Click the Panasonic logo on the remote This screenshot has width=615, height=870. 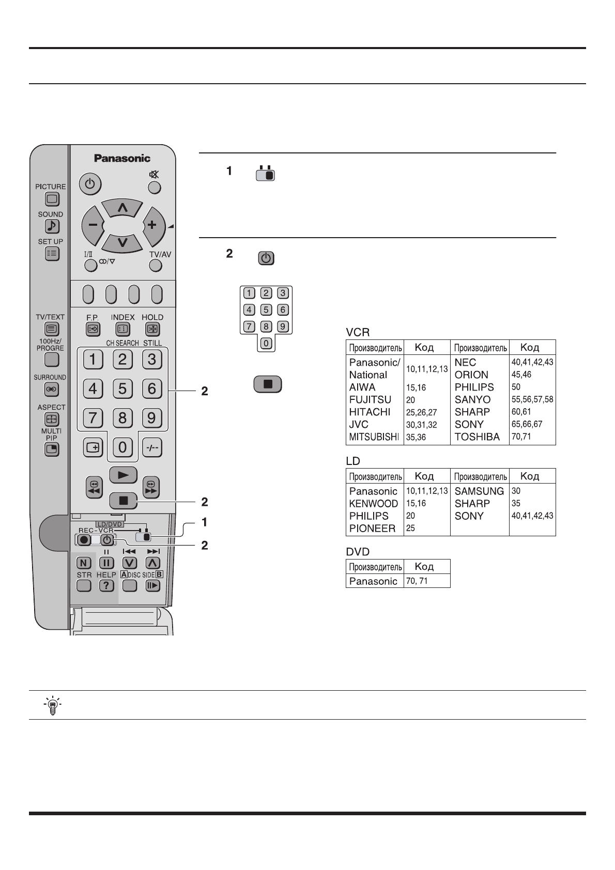point(122,159)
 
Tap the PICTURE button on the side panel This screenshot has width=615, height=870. point(52,199)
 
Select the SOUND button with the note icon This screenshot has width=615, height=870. point(52,226)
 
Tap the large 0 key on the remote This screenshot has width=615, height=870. point(122,447)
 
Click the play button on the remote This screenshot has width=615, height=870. point(123,474)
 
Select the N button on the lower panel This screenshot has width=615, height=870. point(83,563)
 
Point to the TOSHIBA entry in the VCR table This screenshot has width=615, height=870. point(477,437)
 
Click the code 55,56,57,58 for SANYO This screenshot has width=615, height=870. point(532,399)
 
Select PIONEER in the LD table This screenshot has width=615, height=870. point(372,529)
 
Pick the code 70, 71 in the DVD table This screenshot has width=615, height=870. point(417,581)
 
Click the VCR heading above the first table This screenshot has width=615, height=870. point(358,332)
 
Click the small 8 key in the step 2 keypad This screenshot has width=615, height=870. point(266,327)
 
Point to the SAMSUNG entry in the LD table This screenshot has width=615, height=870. point(479,491)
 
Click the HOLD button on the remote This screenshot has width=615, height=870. point(152,329)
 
